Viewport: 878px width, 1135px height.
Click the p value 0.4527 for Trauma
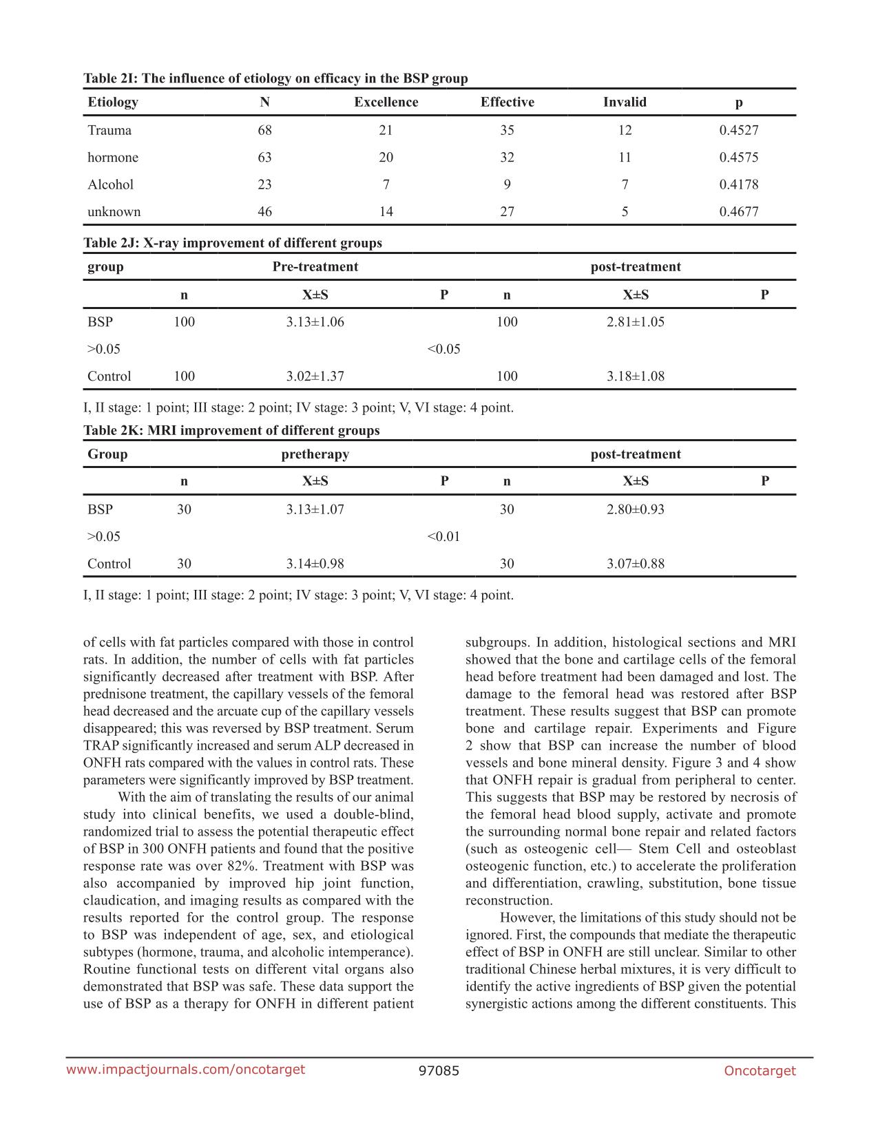pyautogui.click(x=738, y=130)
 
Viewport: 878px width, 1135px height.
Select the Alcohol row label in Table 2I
pyautogui.click(x=110, y=184)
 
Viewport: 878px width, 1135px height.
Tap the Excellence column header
pyautogui.click(x=386, y=102)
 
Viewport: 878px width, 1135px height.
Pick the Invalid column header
pyautogui.click(x=625, y=102)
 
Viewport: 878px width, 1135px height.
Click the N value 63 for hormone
pyautogui.click(x=264, y=158)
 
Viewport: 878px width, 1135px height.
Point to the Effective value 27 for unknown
pyautogui.click(x=507, y=212)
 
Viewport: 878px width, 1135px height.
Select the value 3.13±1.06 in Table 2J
pyautogui.click(x=315, y=322)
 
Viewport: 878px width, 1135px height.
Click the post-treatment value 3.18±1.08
pyautogui.click(x=635, y=376)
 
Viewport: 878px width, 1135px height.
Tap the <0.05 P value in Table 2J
pyautogui.click(x=443, y=349)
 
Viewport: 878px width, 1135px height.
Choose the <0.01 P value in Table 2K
pyautogui.click(x=443, y=537)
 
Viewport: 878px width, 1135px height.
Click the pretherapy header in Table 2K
pyautogui.click(x=315, y=454)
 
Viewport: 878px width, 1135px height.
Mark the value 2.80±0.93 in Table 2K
pyautogui.click(x=635, y=510)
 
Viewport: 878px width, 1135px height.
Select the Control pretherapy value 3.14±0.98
pyautogui.click(x=315, y=564)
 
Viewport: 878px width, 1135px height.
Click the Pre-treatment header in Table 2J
pyautogui.click(x=315, y=267)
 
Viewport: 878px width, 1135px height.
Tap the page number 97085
pyautogui.click(x=439, y=1070)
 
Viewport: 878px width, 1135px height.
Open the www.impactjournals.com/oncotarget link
pyautogui.click(x=185, y=1070)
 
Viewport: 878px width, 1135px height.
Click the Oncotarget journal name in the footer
pyautogui.click(x=760, y=1070)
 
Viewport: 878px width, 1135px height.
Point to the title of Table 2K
pyautogui.click(x=231, y=431)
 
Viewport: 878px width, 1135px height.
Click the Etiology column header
pyautogui.click(x=113, y=102)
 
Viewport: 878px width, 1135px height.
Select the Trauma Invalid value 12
pyautogui.click(x=625, y=130)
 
